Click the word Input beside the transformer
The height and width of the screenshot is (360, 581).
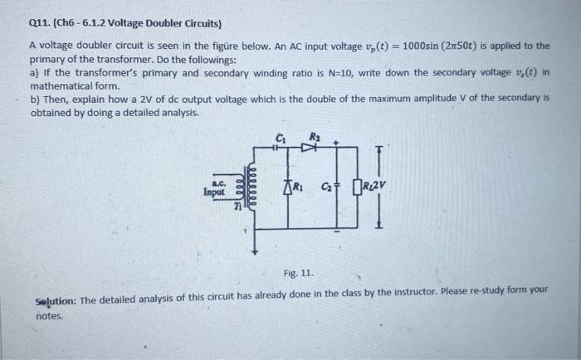click(214, 192)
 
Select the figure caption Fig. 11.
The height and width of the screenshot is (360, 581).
click(295, 270)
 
